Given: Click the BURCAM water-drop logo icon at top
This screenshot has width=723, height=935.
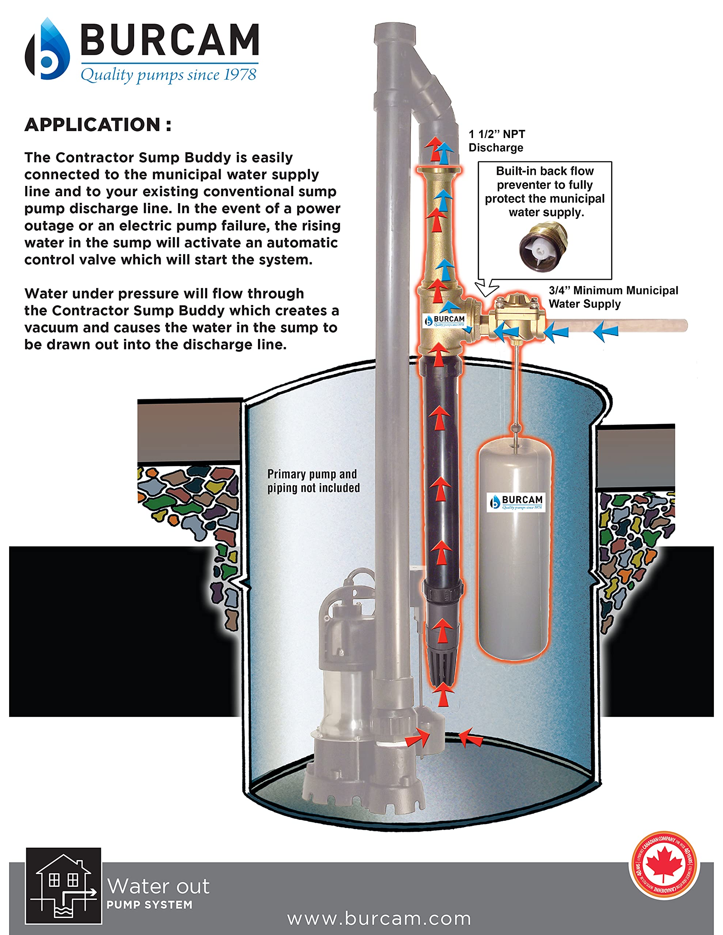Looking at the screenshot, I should tap(48, 50).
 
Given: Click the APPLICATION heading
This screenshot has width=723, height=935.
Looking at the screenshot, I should tap(98, 125).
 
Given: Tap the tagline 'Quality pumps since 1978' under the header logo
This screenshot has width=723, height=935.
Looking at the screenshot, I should tap(169, 75).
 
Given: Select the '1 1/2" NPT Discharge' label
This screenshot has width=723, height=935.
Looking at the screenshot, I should tap(497, 141).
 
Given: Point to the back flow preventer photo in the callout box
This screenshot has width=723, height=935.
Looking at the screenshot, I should tap(544, 247).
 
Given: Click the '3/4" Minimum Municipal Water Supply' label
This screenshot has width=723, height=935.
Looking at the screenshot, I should tap(613, 297).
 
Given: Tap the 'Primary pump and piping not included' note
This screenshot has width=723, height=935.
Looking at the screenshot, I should tap(313, 481).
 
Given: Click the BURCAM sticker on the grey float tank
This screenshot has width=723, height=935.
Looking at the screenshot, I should tap(516, 502).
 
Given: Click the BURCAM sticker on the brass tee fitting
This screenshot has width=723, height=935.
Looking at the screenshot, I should tap(444, 321).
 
